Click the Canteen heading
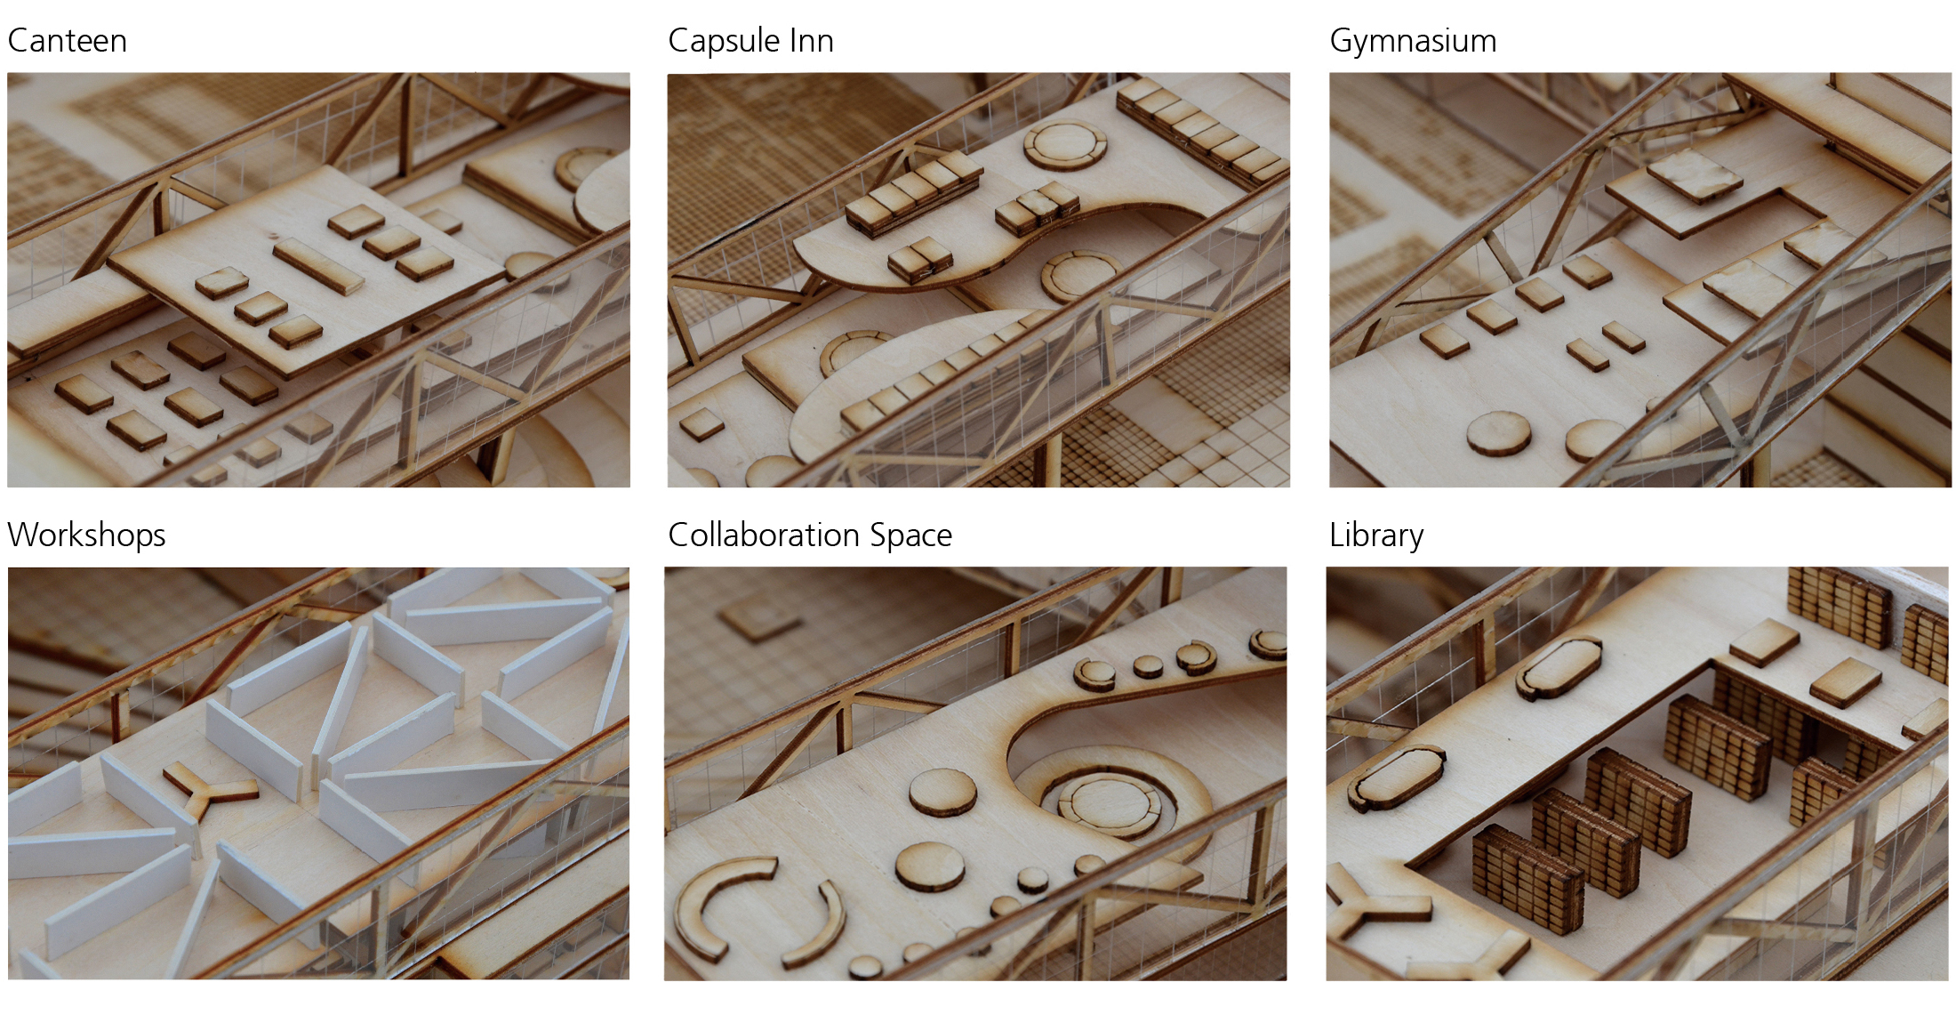(x=68, y=41)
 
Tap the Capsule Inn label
(x=750, y=41)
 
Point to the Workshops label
(x=86, y=535)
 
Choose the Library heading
(x=1376, y=535)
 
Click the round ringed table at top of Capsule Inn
(x=1065, y=143)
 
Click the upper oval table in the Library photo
(x=1559, y=667)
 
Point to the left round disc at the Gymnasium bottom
(x=1498, y=433)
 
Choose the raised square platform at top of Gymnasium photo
(x=1694, y=176)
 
